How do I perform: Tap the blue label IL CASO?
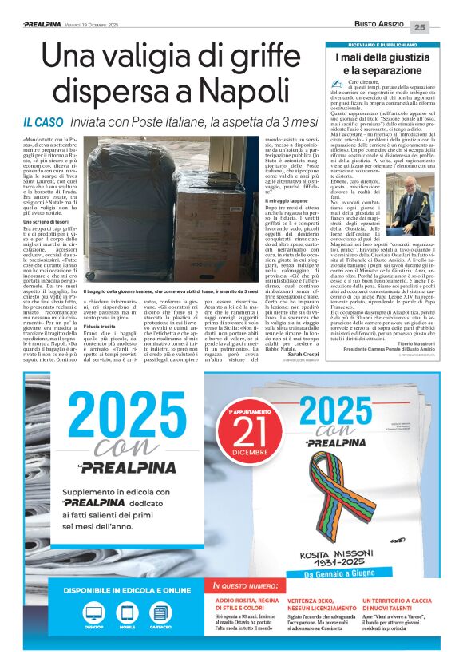point(44,122)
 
